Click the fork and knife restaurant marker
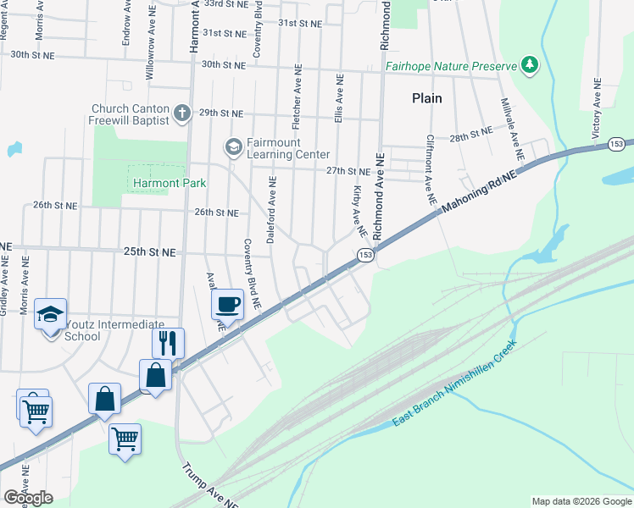coord(168,343)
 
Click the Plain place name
coord(427,98)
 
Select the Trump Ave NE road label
coord(210,483)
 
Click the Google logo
coord(28,497)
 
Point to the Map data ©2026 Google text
coord(581,501)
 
